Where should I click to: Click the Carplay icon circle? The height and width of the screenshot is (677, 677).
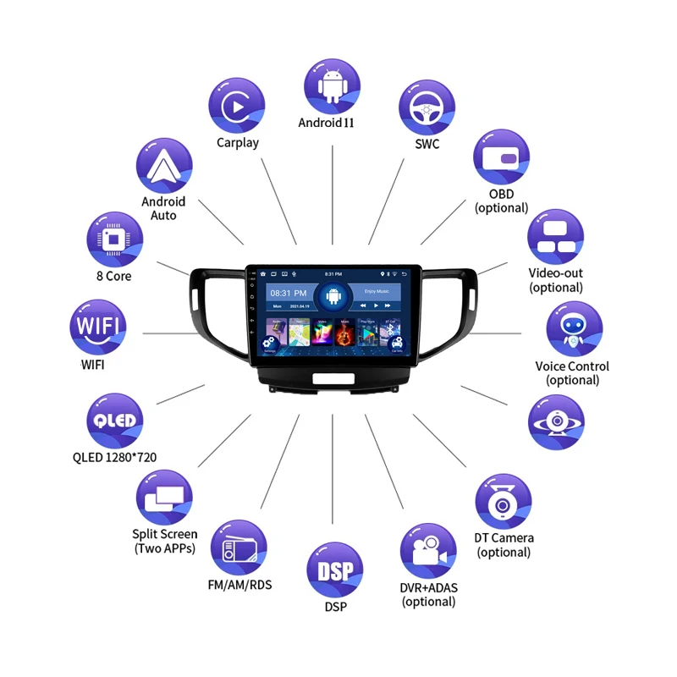coord(237,104)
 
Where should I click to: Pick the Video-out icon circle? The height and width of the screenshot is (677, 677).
coord(556,237)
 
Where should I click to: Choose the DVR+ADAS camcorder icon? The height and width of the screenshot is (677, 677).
coord(429,552)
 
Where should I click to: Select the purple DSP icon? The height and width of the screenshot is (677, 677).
coord(335,570)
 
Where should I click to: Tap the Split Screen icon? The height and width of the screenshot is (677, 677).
coord(164,498)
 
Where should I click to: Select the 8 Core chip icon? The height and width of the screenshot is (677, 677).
coord(115,239)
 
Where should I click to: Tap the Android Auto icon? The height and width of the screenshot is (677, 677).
coord(163,166)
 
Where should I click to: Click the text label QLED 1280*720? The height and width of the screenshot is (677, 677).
coord(114,458)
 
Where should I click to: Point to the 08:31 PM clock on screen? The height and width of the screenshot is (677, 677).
coord(282,293)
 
